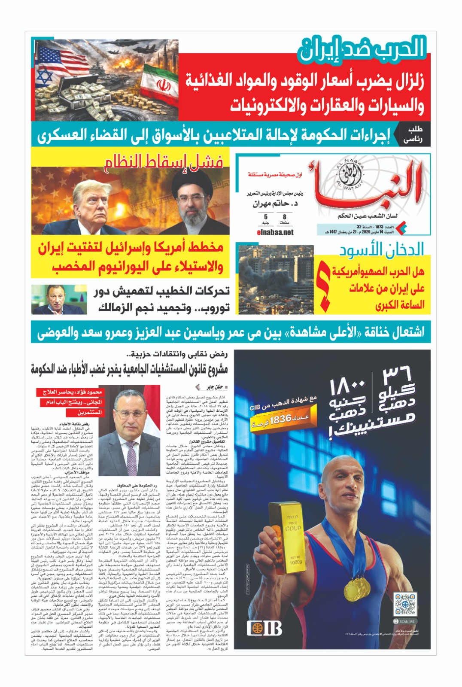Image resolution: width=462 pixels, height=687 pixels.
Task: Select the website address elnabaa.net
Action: [x=275, y=232]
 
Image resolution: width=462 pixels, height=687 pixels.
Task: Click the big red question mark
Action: [x=323, y=285]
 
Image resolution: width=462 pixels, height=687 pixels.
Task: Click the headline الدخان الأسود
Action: [x=381, y=249]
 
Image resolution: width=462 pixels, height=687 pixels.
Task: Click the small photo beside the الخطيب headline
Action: [x=59, y=300]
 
